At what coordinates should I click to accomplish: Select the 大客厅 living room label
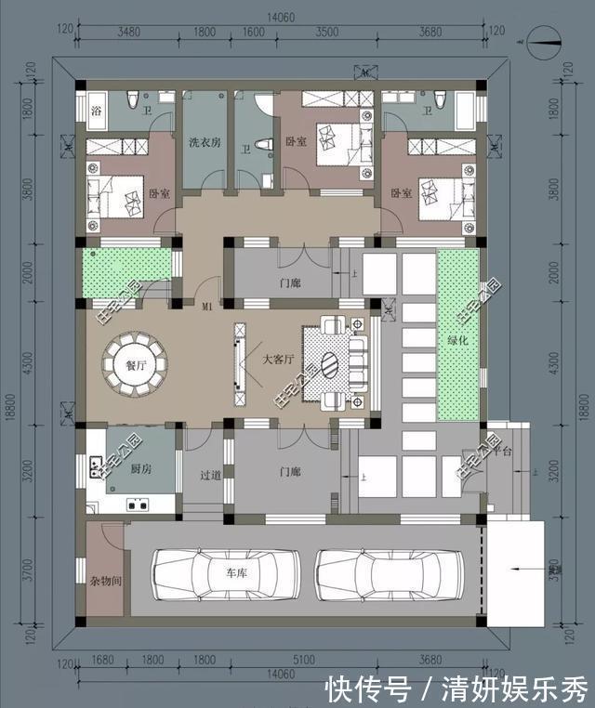[278, 359]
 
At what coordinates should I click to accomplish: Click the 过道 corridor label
[210, 475]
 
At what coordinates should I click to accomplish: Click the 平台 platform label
[502, 451]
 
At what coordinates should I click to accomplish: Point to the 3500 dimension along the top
[326, 33]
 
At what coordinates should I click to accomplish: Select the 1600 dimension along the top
[253, 33]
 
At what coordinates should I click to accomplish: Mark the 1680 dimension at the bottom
[102, 661]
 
